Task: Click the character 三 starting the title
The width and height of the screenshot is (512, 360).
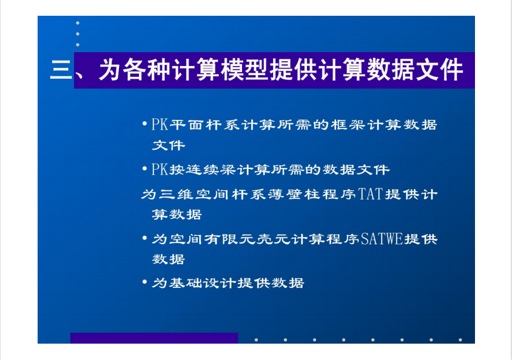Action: pos(61,70)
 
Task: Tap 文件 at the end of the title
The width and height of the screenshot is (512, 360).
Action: pos(440,70)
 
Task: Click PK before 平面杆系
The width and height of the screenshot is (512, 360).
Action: pos(160,125)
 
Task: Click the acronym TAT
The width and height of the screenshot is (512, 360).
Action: pos(371,194)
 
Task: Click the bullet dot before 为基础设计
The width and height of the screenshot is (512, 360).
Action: pos(144,282)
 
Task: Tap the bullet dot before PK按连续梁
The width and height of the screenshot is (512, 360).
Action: pos(144,169)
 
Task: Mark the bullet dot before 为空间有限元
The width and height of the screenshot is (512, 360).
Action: pos(144,238)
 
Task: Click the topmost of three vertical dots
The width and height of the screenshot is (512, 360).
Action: pos(78,23)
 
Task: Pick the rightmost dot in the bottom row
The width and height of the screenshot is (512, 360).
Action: pos(460,340)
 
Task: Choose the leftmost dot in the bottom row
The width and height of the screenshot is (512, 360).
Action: pos(257,340)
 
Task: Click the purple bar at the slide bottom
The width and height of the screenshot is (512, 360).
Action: pos(154,338)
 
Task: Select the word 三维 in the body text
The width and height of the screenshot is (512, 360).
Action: pos(177,195)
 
